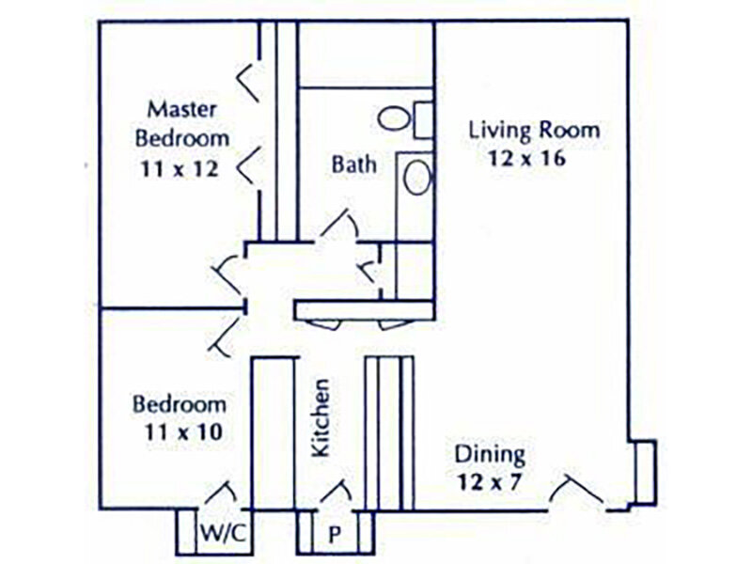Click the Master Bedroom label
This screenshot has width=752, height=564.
tap(182, 122)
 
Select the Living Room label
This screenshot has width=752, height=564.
tap(535, 130)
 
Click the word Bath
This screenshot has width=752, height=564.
tap(353, 164)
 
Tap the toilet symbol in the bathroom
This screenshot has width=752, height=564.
tap(393, 118)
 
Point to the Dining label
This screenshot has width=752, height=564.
tap(490, 455)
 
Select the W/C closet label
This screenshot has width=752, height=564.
tap(223, 533)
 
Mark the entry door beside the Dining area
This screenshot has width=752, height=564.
tap(575, 493)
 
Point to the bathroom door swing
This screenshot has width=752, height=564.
tap(338, 223)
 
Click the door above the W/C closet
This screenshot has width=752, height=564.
tap(224, 493)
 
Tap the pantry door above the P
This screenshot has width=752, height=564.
tap(336, 492)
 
